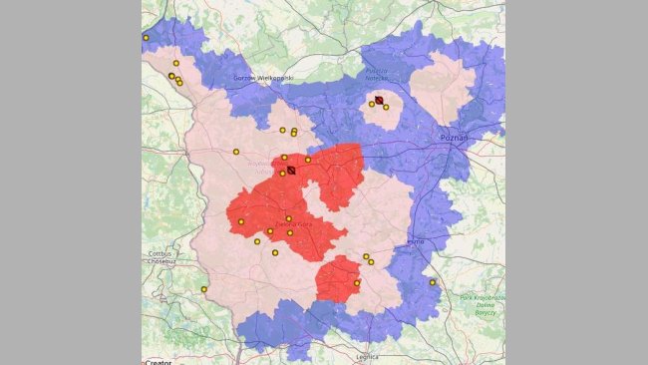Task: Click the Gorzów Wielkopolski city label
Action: (x=262, y=78)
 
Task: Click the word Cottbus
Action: (x=159, y=253)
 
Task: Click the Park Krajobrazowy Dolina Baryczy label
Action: (x=483, y=303)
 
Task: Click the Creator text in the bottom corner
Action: (x=160, y=361)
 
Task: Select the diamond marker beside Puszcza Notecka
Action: (x=380, y=100)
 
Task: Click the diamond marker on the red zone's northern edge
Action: (x=291, y=171)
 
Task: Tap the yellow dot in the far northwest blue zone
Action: (x=146, y=38)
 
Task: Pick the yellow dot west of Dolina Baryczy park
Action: (x=433, y=282)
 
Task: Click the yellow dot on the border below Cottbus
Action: (x=204, y=289)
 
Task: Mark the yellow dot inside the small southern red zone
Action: (x=357, y=283)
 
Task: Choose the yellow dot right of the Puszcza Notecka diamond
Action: (x=387, y=107)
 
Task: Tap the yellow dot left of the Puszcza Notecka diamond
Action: (x=372, y=103)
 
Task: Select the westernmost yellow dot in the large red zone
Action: (x=241, y=221)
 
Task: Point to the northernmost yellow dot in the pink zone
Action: (x=176, y=63)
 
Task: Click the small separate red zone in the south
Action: (x=337, y=278)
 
